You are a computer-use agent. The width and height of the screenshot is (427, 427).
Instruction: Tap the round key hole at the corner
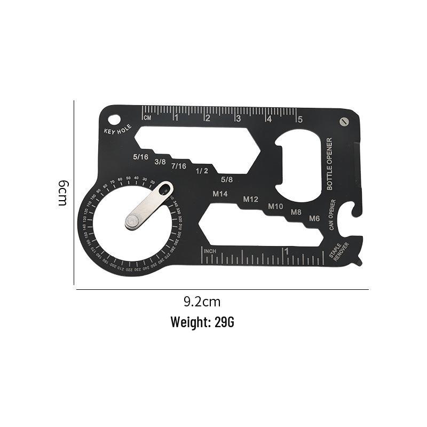point(114,117)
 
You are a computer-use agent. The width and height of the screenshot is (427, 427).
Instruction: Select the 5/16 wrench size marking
point(141,157)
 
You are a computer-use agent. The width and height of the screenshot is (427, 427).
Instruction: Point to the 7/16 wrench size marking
point(178,166)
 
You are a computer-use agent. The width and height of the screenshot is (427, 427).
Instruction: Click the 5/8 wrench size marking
point(226,180)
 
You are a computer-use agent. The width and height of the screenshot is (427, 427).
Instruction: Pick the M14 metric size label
point(220,194)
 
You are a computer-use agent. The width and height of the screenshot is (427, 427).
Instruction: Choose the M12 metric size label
point(250,200)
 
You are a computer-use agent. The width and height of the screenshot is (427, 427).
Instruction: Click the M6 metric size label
point(314,218)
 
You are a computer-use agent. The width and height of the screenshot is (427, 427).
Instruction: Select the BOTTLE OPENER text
point(329,164)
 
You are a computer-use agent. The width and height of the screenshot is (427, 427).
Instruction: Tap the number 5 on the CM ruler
point(300,119)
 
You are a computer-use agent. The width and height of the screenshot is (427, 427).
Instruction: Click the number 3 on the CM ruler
point(238,119)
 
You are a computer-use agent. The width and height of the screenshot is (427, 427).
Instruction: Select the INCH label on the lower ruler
point(209,251)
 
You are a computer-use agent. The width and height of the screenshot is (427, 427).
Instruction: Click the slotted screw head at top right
point(344,122)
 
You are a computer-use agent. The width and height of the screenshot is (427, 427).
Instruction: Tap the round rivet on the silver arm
point(131,219)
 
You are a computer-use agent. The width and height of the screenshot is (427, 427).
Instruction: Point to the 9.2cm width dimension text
point(202,302)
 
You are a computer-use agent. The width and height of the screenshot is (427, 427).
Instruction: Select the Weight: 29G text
point(202,322)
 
